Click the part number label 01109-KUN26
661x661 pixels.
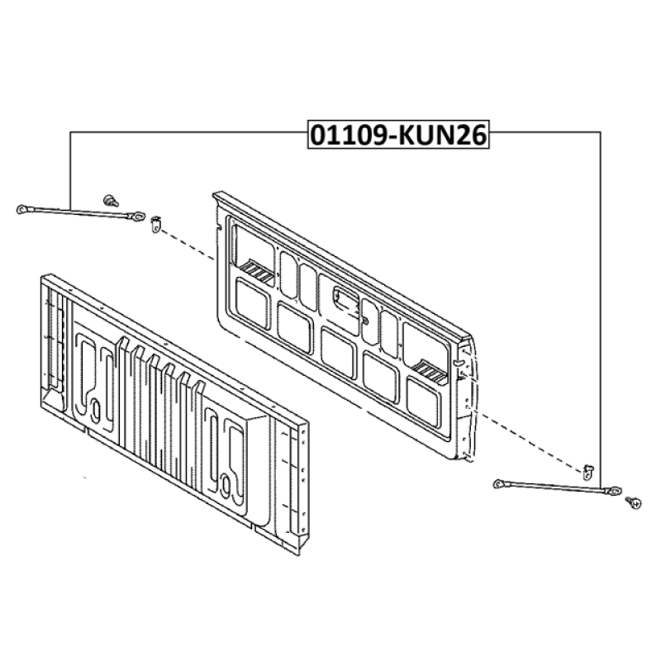[398, 135]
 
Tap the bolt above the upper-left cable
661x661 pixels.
[111, 200]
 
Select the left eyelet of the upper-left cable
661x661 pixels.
[23, 208]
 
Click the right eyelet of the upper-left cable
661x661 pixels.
[137, 217]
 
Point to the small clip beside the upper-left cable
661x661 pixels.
[156, 224]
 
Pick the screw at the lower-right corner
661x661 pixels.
[634, 502]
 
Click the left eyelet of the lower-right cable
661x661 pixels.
[499, 483]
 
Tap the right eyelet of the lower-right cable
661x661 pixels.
[613, 491]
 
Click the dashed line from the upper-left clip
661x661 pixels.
[188, 245]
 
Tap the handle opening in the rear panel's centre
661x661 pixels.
[348, 301]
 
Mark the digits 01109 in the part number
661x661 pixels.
[347, 135]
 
